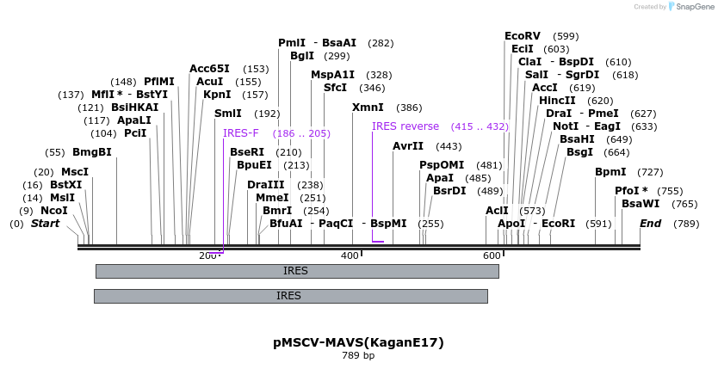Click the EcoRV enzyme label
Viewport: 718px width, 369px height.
coord(522,36)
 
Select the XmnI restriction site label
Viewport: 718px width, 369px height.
coord(368,108)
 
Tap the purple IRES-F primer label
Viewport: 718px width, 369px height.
coord(240,133)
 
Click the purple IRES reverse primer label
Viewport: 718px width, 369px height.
coord(405,126)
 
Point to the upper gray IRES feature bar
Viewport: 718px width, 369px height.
coord(296,271)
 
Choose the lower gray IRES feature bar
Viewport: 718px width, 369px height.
coord(290,296)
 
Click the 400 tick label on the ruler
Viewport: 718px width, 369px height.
coord(350,256)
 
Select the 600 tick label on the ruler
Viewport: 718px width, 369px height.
coord(491,256)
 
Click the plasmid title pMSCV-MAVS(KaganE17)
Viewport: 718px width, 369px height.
coord(358,342)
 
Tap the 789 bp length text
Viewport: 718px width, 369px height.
coord(358,355)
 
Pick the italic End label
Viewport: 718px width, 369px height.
coord(650,224)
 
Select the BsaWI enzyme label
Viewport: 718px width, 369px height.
coord(640,204)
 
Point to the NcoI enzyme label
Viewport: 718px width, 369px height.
coord(53,211)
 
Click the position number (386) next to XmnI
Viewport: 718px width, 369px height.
coord(409,108)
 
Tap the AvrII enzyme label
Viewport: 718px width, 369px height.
coord(408,146)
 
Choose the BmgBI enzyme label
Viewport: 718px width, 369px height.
coord(91,152)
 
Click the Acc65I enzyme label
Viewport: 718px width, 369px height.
coord(209,69)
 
